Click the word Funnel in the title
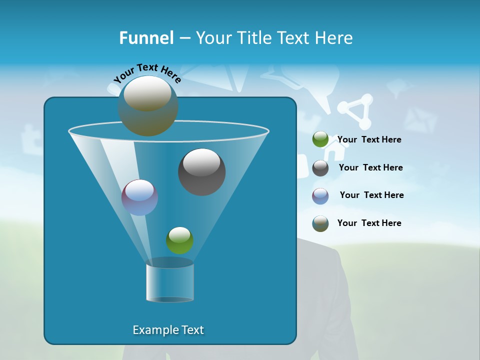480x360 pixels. click(146, 38)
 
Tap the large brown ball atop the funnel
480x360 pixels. click(147, 105)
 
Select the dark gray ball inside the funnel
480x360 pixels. click(201, 171)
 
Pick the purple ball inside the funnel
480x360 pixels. click(139, 197)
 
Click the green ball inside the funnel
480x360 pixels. click(179, 240)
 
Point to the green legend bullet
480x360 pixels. click(320, 139)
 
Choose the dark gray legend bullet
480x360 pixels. click(320, 168)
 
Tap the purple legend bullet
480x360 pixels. click(320, 196)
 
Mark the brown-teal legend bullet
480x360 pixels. click(320, 223)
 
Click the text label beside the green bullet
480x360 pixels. click(369, 139)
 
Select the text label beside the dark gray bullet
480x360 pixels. click(370, 167)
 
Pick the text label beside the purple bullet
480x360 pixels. click(371, 195)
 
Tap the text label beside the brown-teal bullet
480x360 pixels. click(369, 223)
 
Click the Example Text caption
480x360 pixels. click(168, 330)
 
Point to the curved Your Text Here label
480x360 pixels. click(147, 73)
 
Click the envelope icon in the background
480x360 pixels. click(420, 120)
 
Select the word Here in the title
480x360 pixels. click(334, 38)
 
